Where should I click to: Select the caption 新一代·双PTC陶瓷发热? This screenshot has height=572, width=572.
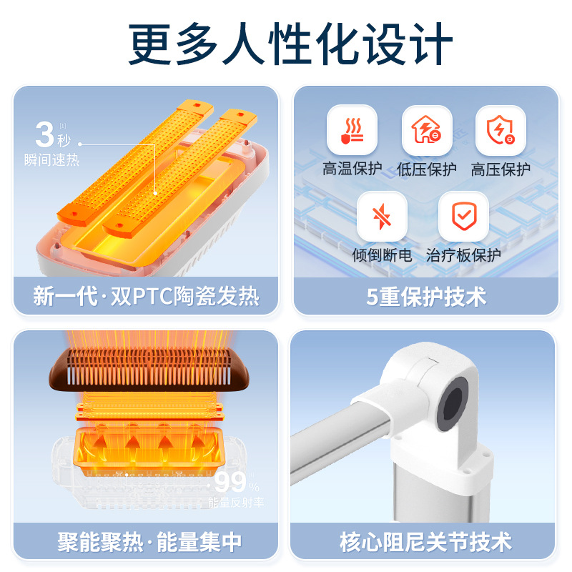click(x=146, y=296)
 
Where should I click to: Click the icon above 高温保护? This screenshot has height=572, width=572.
click(x=352, y=130)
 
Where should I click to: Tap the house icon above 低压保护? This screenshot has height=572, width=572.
click(x=426, y=130)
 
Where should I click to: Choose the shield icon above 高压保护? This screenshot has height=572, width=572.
click(x=500, y=130)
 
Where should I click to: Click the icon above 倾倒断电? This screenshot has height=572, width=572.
click(x=382, y=216)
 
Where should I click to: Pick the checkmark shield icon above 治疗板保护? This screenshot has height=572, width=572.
click(x=463, y=216)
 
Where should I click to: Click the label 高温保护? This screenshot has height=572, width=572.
click(x=352, y=169)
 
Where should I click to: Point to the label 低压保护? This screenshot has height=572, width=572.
click(x=426, y=169)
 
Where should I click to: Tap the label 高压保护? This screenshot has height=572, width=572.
click(x=500, y=169)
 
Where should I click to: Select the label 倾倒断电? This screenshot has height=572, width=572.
click(x=382, y=255)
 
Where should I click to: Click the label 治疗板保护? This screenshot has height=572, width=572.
click(x=463, y=255)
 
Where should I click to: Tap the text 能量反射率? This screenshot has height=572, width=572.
click(x=235, y=503)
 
